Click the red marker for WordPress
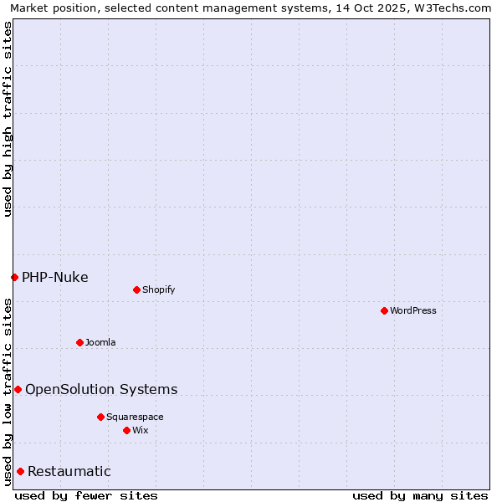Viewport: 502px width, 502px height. pos(384,310)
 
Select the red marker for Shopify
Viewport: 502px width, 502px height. pos(136,289)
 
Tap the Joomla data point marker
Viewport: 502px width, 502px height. pos(79,342)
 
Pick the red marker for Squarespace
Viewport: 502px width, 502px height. pos(100,417)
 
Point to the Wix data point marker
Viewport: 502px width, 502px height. pos(126,430)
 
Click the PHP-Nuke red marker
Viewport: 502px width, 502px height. pos(14,277)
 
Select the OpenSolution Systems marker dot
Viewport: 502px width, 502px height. pos(18,389)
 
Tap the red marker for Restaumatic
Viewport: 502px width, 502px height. pos(20,471)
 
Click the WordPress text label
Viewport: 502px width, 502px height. pos(413,310)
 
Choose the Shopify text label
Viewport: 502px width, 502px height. pos(159,289)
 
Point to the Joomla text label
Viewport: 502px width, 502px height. pos(100,342)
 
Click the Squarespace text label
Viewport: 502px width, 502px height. pos(135,417)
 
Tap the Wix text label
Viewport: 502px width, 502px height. pos(141,430)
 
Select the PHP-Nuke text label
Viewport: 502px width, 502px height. pos(54,277)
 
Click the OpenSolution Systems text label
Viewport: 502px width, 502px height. pos(101,389)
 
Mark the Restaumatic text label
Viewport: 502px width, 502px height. pos(69,471)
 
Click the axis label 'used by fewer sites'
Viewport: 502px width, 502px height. pos(86,495)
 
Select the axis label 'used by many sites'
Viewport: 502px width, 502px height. pos(420,495)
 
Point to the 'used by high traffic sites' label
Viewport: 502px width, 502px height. pos(8,119)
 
